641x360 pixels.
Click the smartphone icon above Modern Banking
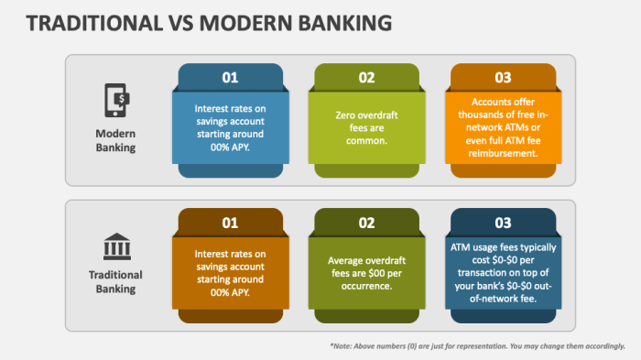115,99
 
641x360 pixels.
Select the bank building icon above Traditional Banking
115,246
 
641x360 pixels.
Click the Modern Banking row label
115,140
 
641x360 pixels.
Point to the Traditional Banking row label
115,282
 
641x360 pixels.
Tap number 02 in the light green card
366,77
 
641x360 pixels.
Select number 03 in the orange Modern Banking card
503,77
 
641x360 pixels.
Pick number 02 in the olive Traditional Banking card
366,222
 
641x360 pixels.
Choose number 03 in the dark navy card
503,222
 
